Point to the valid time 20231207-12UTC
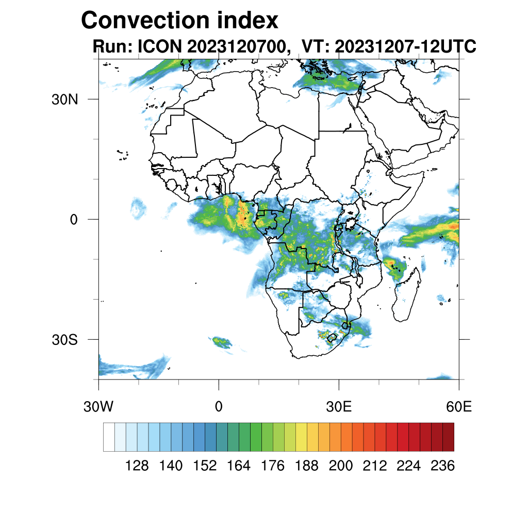click(405, 46)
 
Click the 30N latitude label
click(64, 100)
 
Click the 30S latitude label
click(64, 340)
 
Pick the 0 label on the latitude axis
click(73, 220)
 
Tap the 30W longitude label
click(98, 407)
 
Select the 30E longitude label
click(339, 407)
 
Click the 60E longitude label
click(458, 407)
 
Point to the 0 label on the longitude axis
click(219, 407)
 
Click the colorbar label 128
click(137, 466)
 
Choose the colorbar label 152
click(205, 466)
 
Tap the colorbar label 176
click(273, 466)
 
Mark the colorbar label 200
click(341, 466)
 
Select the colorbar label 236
click(442, 466)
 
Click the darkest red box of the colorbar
click(448, 437)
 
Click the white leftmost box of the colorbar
click(109, 437)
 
